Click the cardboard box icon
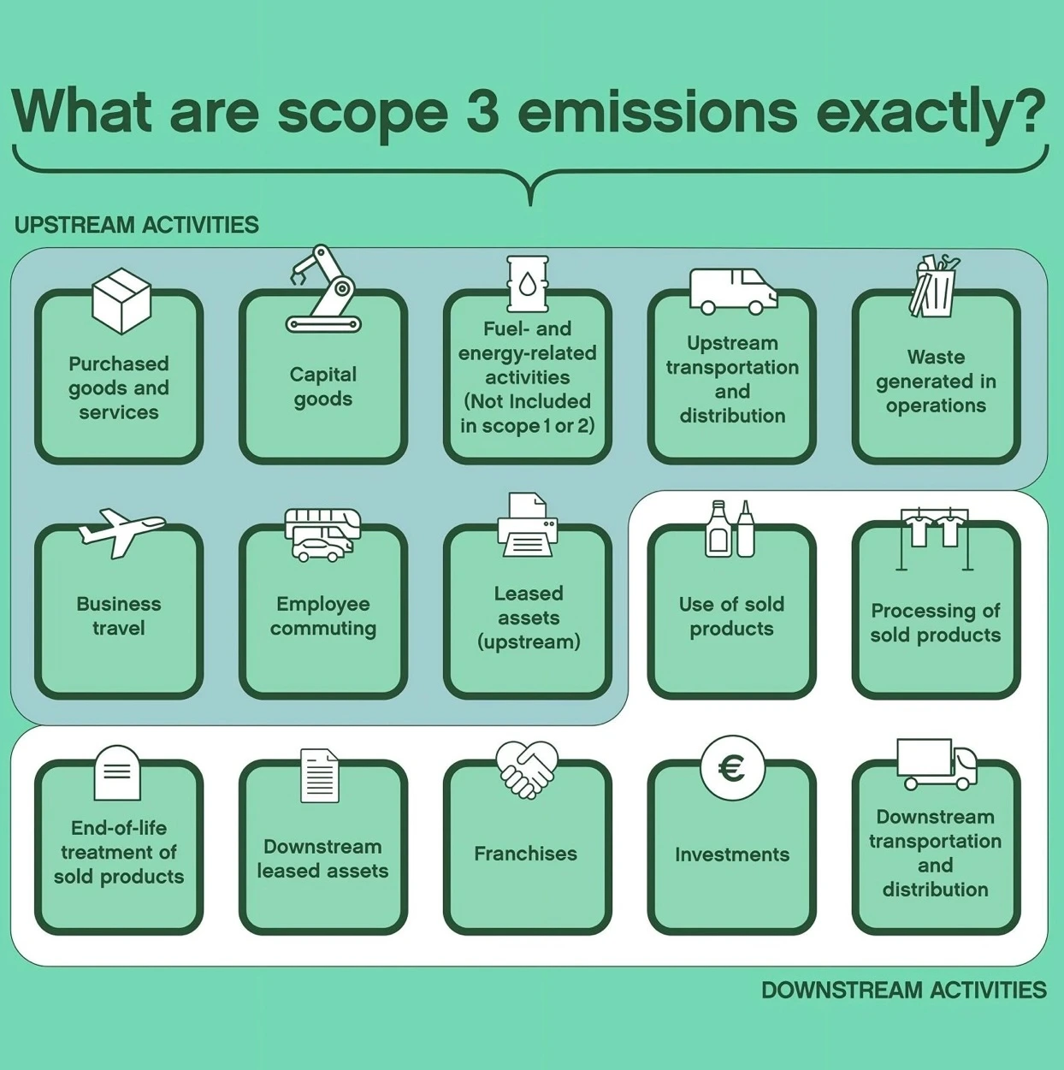121,300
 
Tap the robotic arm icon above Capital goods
324,291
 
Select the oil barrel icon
528,284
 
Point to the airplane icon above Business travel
121,531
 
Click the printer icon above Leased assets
528,525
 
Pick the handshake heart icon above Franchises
527,769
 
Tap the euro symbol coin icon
731,768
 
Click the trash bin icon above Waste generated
934,287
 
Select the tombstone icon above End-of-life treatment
117,772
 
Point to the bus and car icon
322,535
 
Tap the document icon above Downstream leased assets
320,776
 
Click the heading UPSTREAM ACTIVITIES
137,225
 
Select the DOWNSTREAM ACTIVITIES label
903,990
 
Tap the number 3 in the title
483,111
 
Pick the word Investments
731,854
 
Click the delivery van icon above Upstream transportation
733,291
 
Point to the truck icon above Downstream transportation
937,763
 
